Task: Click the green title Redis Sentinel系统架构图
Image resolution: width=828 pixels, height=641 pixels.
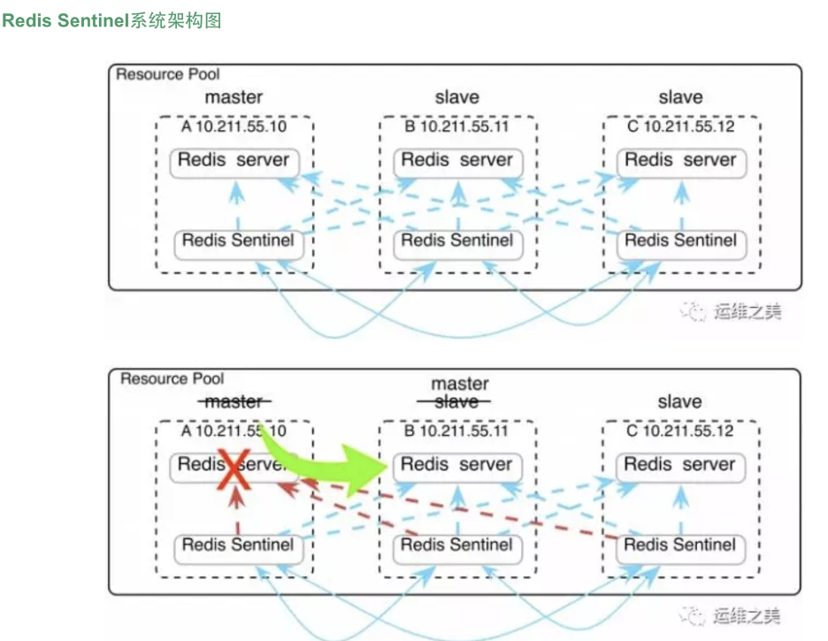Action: pyautogui.click(x=111, y=20)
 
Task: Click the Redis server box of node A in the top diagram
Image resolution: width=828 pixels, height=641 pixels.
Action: pyautogui.click(x=234, y=161)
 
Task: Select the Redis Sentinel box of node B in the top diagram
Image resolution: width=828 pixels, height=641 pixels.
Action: pyautogui.click(x=457, y=241)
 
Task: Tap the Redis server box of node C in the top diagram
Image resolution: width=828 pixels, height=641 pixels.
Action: pyautogui.click(x=680, y=161)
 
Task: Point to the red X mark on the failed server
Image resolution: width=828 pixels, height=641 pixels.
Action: pyautogui.click(x=234, y=468)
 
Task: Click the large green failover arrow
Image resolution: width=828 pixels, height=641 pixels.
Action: pyautogui.click(x=327, y=460)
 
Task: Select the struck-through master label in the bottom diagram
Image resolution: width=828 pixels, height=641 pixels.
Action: pyautogui.click(x=234, y=402)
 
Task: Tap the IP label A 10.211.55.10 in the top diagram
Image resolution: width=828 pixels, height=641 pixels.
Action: pyautogui.click(x=234, y=126)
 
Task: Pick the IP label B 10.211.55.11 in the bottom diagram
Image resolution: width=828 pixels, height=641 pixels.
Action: pyautogui.click(x=457, y=431)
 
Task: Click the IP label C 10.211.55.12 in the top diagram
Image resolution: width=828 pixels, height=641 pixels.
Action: pyautogui.click(x=680, y=126)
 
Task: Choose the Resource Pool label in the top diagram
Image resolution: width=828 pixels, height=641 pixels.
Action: pyautogui.click(x=168, y=74)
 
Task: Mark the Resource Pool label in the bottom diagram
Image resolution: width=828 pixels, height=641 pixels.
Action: pyautogui.click(x=172, y=379)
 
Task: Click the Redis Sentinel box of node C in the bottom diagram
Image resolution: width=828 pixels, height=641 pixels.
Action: pyautogui.click(x=680, y=546)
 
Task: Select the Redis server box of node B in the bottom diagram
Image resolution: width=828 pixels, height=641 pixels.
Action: pyautogui.click(x=457, y=465)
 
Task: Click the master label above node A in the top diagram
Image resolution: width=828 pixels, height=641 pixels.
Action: pyautogui.click(x=234, y=97)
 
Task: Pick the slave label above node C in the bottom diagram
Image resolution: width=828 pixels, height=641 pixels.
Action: pyautogui.click(x=679, y=402)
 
